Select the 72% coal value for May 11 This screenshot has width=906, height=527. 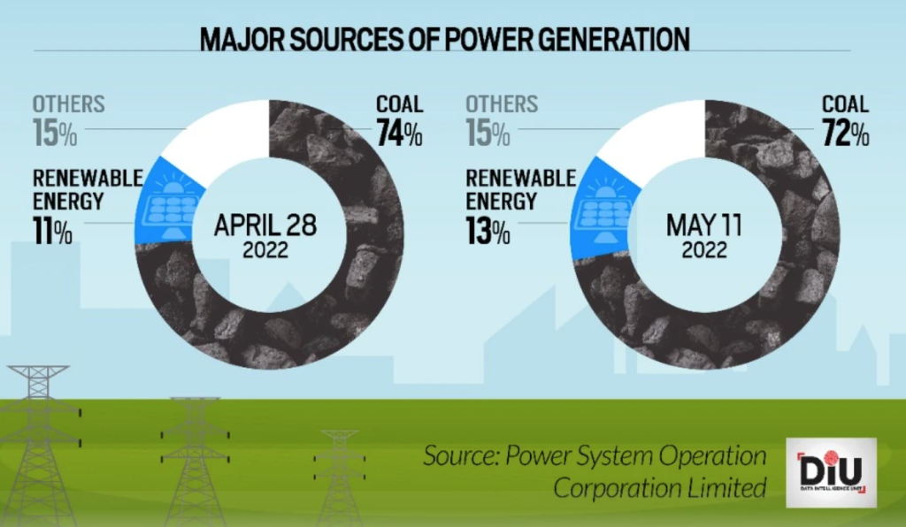point(846,134)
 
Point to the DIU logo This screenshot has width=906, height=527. point(831,472)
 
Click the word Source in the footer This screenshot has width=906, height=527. point(452,457)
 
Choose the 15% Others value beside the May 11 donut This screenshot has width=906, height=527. point(488,135)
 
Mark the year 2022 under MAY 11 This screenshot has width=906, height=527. point(703,250)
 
